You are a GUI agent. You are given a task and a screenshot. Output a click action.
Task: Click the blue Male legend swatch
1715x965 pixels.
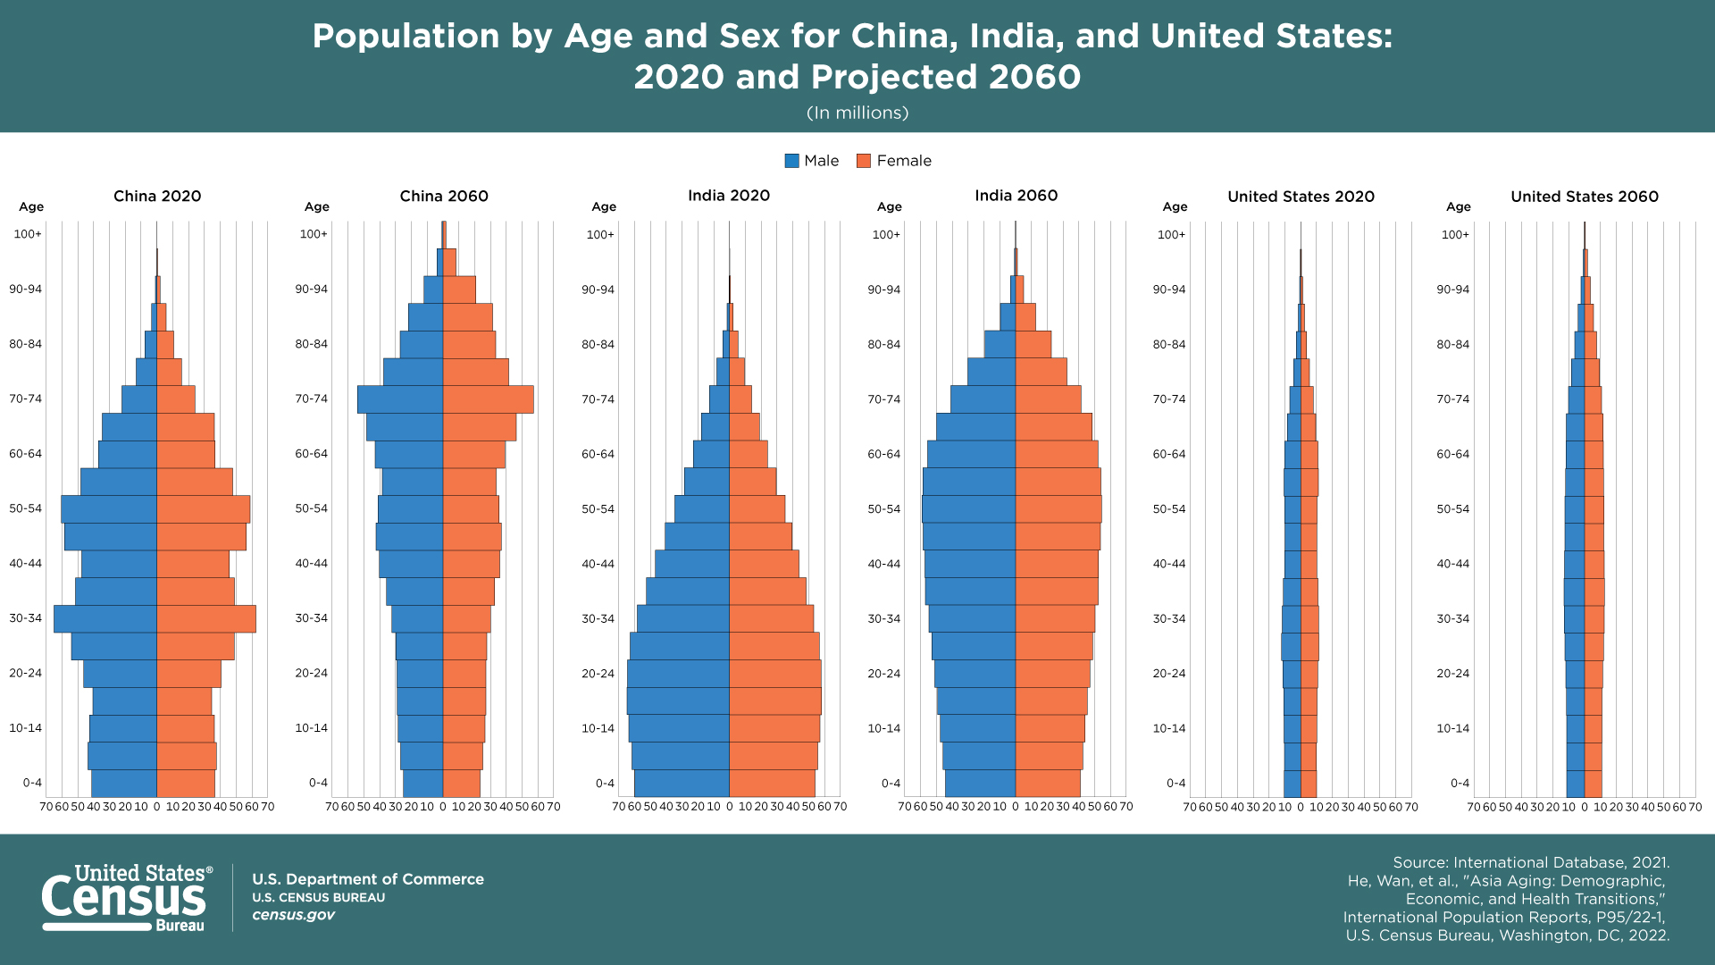point(791,161)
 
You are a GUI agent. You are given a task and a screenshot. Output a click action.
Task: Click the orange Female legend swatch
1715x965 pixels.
point(864,161)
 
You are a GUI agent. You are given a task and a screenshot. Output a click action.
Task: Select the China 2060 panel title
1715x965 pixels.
point(444,196)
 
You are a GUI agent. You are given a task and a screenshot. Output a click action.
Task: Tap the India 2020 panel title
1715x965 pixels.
point(729,196)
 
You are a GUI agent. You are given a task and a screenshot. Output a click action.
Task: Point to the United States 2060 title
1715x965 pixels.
point(1585,197)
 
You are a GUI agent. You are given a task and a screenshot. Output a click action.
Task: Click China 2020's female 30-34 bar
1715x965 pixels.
point(206,619)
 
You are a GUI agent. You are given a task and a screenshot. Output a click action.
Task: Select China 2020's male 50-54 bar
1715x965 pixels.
point(109,509)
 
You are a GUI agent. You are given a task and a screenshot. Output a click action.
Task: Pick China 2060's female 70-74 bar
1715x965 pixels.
point(489,399)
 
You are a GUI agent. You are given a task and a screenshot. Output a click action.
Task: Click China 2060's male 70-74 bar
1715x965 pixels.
point(400,399)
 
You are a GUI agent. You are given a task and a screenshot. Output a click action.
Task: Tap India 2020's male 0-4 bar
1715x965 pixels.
point(682,784)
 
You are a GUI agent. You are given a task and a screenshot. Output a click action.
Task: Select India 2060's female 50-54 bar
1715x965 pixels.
point(1058,509)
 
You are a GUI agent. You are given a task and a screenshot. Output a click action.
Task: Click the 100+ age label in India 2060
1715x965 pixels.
point(886,235)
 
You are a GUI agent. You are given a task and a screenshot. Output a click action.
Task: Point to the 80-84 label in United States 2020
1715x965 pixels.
point(1169,345)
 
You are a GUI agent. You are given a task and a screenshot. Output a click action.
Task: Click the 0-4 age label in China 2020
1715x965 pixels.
point(32,783)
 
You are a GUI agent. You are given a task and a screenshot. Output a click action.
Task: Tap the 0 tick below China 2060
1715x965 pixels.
point(443,807)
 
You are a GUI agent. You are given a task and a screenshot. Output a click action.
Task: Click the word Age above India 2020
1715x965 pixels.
point(604,206)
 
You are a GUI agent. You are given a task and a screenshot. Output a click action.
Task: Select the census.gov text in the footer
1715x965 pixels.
point(293,915)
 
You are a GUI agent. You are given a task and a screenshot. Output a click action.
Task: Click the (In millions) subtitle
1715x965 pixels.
point(857,113)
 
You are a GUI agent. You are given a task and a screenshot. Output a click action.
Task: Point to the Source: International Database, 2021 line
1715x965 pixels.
point(1531,862)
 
